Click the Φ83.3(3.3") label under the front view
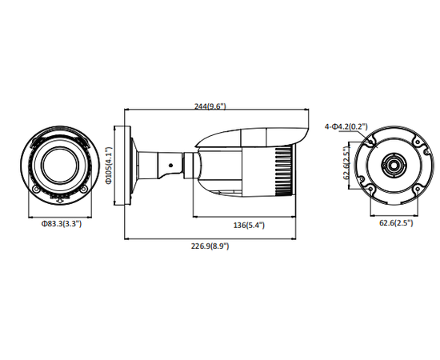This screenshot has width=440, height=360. coord(61,225)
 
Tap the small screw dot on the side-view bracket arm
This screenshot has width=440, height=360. coord(170,166)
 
